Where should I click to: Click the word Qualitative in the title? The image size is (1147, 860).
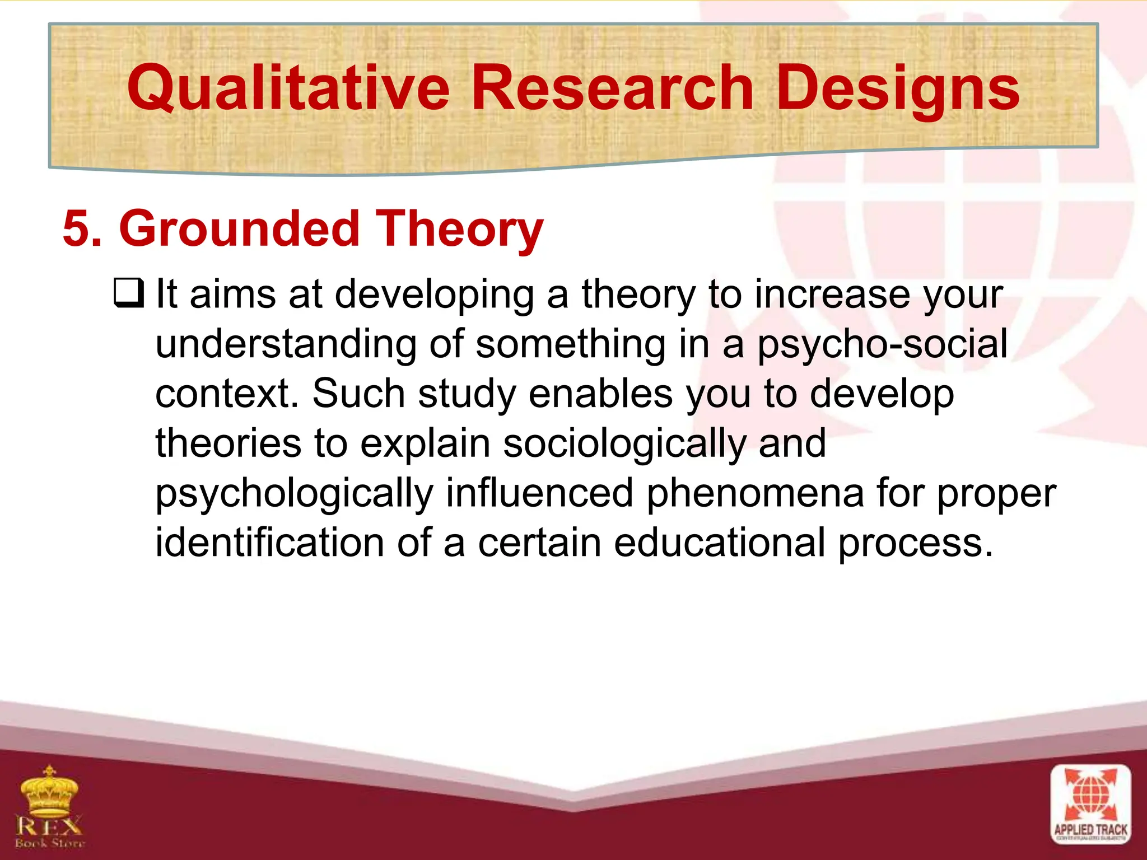point(288,88)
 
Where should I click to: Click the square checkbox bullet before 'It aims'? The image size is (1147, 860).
point(129,293)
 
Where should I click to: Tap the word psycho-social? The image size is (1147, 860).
point(883,344)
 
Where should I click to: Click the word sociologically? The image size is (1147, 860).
point(624,444)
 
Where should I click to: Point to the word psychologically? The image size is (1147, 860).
point(295,494)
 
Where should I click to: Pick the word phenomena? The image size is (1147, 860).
point(755,493)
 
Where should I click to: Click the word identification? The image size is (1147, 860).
point(269,543)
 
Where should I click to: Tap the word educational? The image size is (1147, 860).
point(719,543)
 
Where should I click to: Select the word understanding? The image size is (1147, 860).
point(286,344)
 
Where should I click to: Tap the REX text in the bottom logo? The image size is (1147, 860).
point(49,825)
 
